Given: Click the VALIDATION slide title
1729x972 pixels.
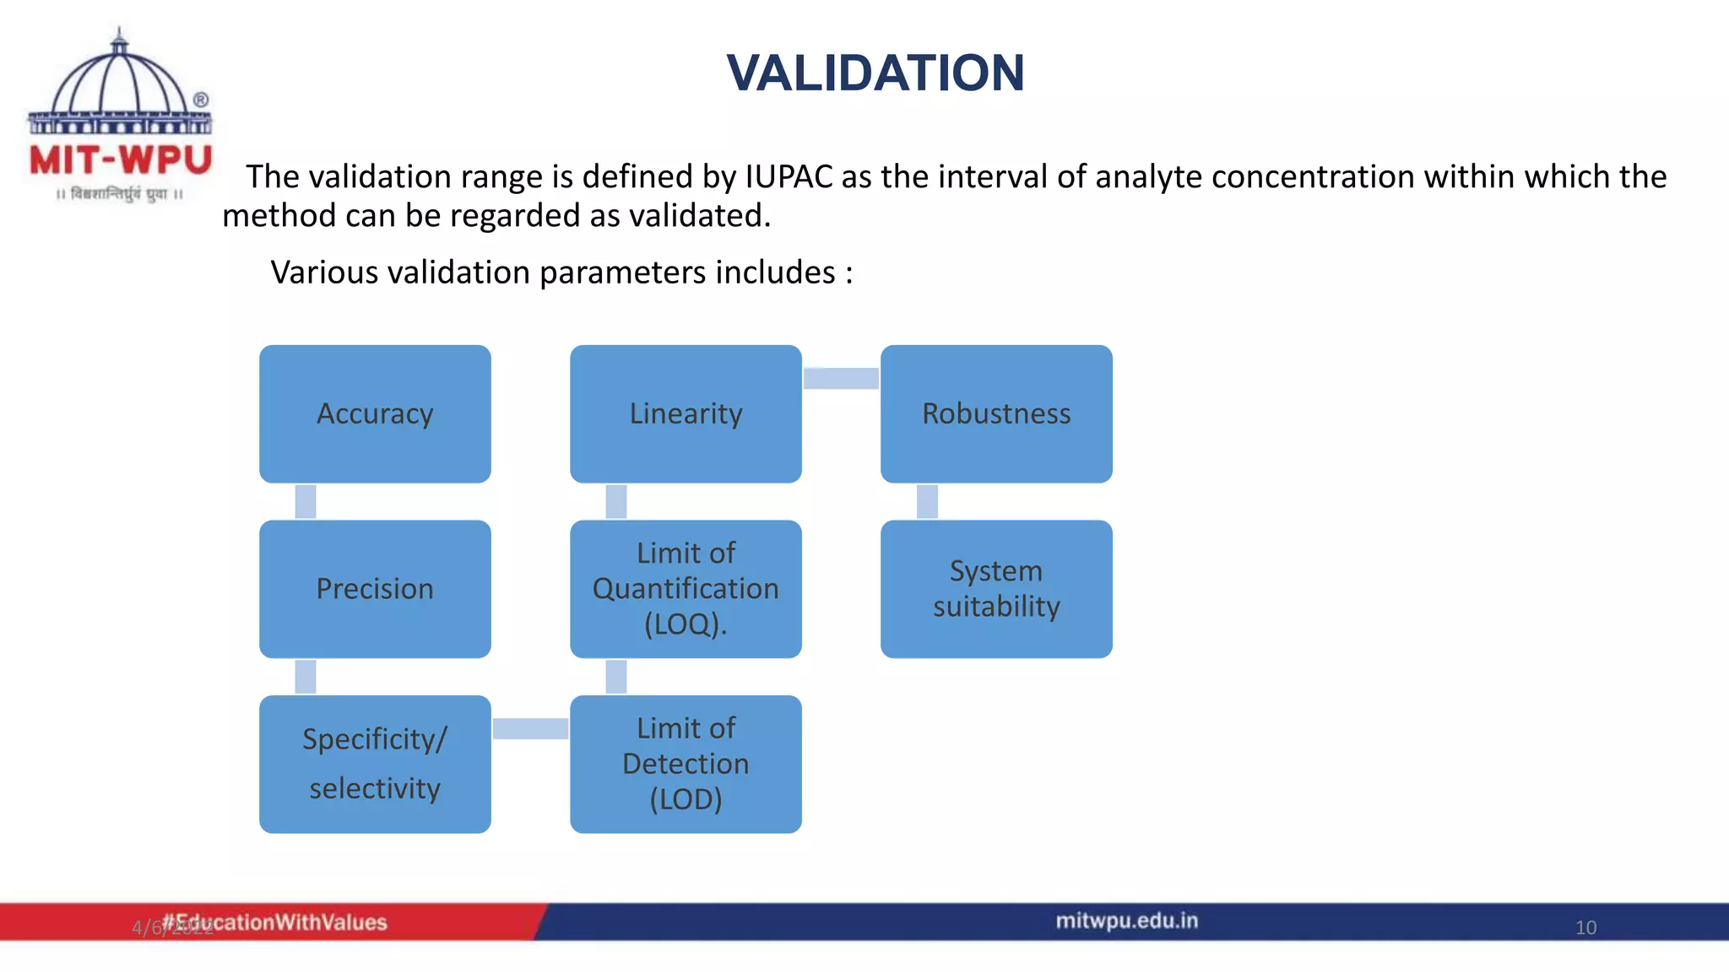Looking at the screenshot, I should coord(875,73).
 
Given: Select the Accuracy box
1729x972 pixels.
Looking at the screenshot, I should coord(375,413).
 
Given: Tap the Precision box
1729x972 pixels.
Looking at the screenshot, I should coord(375,589).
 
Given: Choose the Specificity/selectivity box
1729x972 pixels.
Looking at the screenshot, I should coord(375,764).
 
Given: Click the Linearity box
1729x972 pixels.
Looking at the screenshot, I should coord(686,413).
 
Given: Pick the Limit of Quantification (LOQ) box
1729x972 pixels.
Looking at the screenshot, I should coord(686,589).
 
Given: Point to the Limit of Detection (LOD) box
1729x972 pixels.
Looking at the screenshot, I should coord(686,764).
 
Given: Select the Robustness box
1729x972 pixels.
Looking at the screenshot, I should coord(996,413).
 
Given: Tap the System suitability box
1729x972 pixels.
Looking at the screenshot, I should coord(996,589).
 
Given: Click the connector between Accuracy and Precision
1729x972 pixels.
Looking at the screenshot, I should coord(306,501).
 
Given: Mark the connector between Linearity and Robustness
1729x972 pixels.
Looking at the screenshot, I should coord(841,378).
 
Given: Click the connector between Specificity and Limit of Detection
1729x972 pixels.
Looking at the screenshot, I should coord(530,728).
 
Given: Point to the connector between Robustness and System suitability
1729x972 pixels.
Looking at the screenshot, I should coord(927,501).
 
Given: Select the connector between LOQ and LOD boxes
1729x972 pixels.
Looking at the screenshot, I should coord(616,677).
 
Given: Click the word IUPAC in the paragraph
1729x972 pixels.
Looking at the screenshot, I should coord(788,177).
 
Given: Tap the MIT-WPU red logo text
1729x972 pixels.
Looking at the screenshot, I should coord(121,160).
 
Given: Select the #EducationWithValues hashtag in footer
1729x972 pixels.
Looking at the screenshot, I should coord(274,922).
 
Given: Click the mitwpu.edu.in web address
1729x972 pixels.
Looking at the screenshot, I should coord(1126,921).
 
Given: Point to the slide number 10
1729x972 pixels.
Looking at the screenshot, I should coord(1585,927).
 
